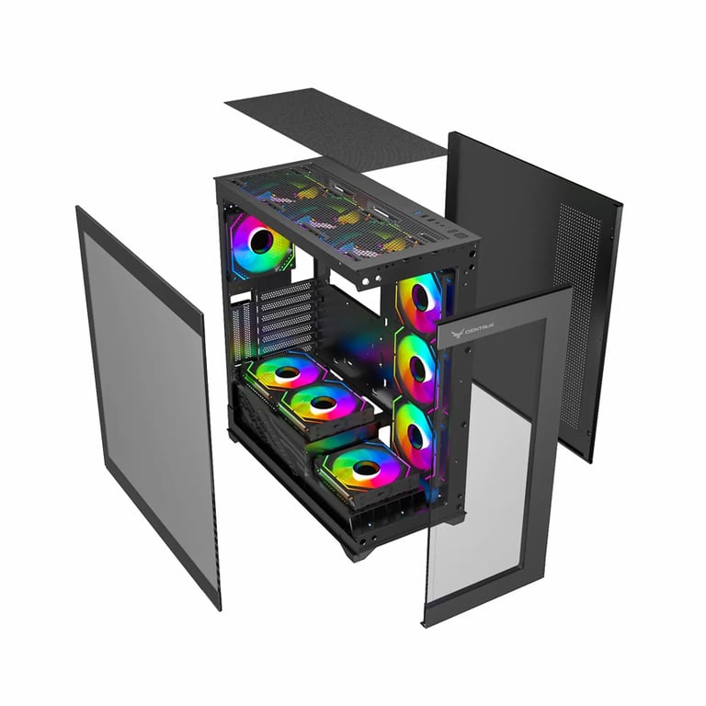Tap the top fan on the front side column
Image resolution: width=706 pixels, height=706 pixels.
pyautogui.click(x=419, y=300)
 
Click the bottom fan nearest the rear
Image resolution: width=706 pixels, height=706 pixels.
pyautogui.click(x=287, y=372)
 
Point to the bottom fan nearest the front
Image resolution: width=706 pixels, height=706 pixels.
pyautogui.click(x=365, y=469)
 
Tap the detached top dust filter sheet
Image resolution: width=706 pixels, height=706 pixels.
pyautogui.click(x=336, y=128)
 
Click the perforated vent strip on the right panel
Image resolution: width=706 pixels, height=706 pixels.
pyautogui.click(x=575, y=303)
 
